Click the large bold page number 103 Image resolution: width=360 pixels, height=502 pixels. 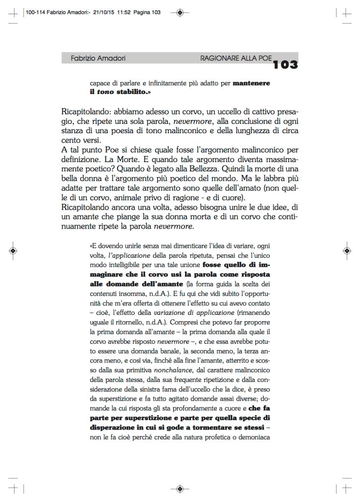[x=286, y=64]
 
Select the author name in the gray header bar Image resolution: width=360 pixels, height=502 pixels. [x=98, y=58]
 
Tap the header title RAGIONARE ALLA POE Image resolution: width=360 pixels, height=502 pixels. [x=236, y=58]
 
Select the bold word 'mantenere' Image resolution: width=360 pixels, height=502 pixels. [x=251, y=83]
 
